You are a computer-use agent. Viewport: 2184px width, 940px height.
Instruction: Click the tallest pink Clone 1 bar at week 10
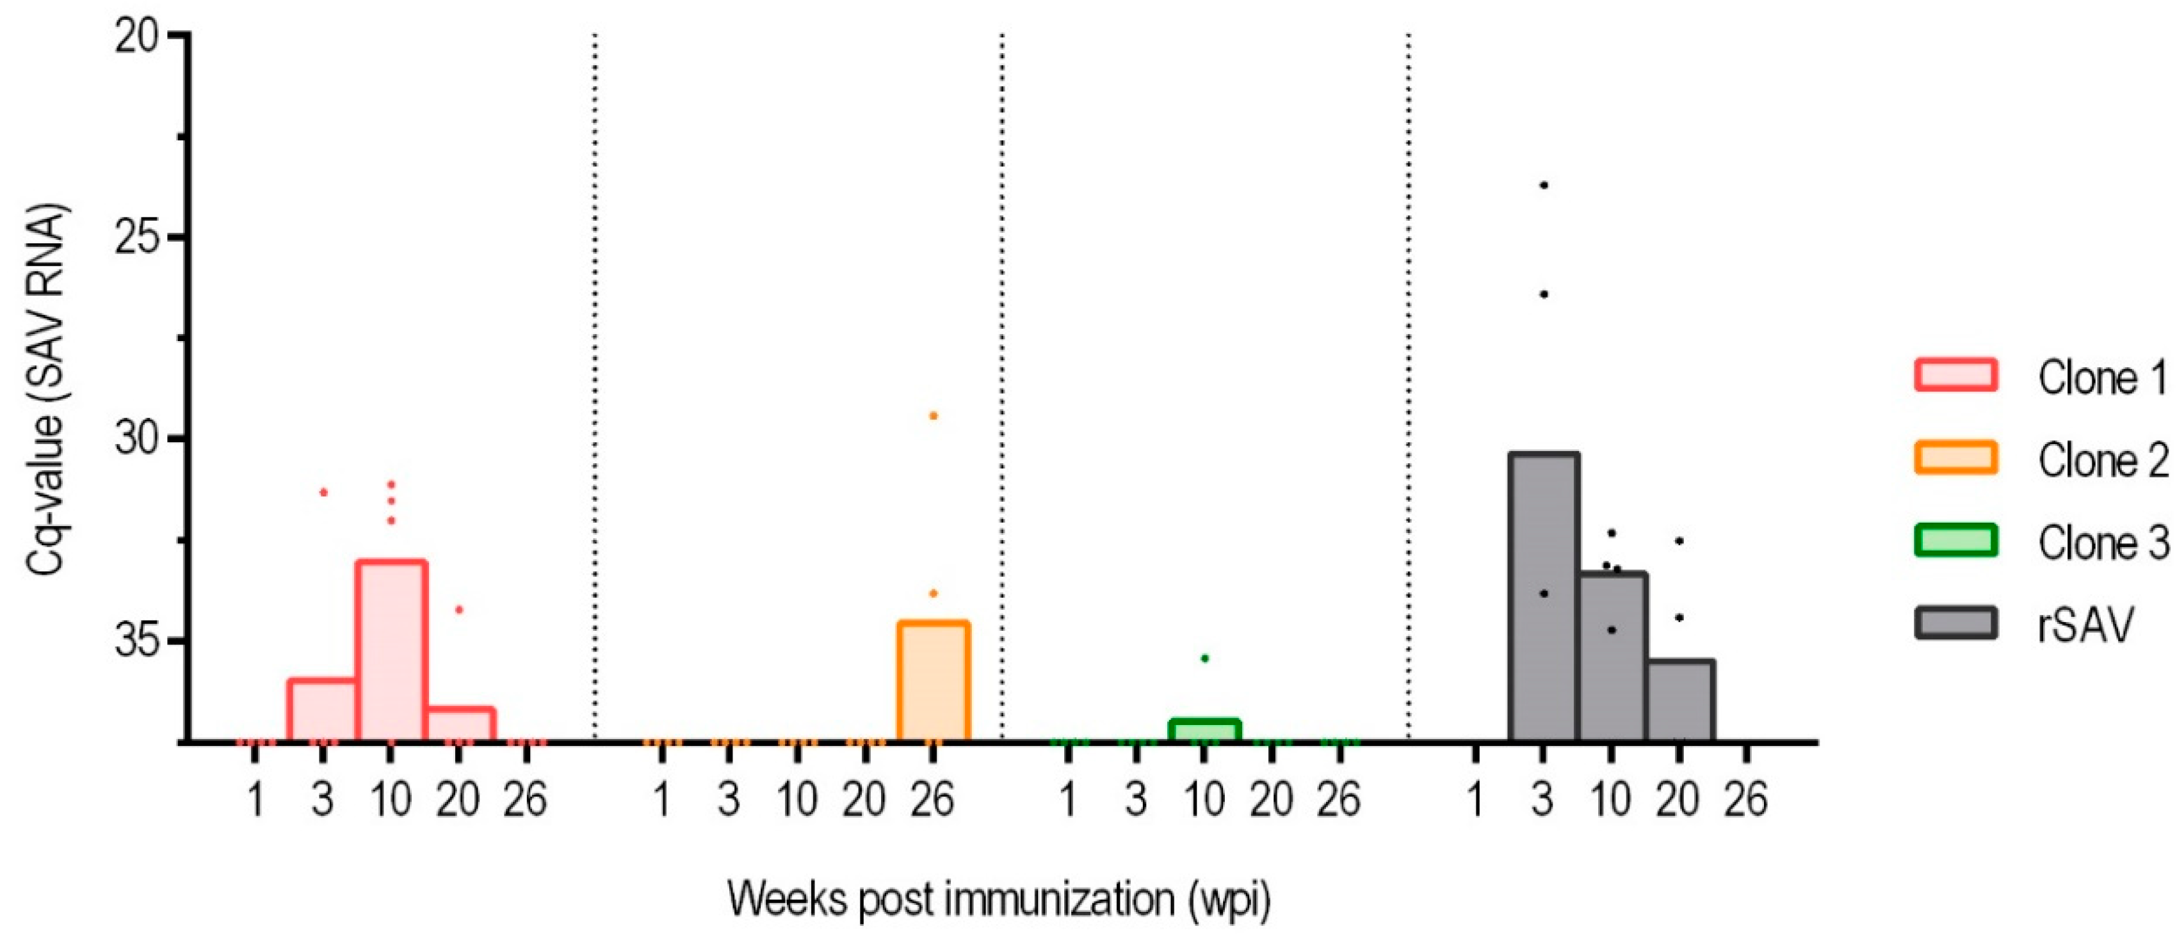pos(391,651)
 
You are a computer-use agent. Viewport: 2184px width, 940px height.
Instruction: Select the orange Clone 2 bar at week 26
pos(933,681)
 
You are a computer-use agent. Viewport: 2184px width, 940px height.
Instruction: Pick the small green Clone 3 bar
pos(1204,731)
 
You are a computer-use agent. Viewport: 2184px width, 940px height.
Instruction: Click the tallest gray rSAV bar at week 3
pos(1543,598)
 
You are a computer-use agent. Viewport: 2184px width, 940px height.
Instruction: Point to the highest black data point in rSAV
pos(1544,185)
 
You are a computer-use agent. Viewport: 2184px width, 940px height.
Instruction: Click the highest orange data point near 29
pos(934,415)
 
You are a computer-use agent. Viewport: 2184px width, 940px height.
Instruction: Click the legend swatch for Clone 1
pos(1955,374)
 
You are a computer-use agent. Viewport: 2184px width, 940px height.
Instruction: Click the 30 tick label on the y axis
pos(138,439)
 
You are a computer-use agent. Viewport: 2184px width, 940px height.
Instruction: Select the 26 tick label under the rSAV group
pos(1745,799)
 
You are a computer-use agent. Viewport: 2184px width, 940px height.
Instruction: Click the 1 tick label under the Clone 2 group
pos(662,799)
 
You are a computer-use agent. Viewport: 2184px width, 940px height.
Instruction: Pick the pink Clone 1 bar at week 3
pos(322,710)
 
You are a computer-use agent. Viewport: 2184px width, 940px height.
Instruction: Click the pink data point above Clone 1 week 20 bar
pos(458,609)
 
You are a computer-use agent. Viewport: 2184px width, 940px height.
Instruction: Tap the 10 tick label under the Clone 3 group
pos(1204,799)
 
